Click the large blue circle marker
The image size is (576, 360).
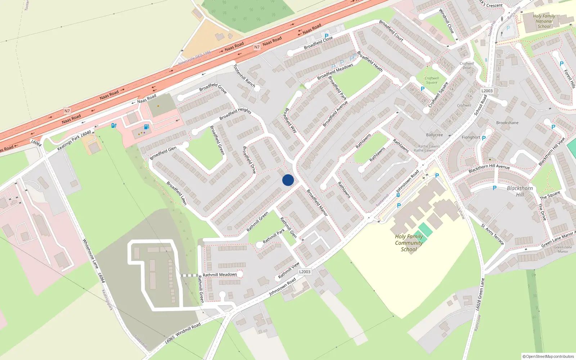[x=288, y=180]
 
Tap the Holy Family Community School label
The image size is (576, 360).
[x=409, y=243]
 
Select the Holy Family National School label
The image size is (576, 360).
[x=544, y=21]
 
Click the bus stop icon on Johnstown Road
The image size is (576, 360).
[x=398, y=195]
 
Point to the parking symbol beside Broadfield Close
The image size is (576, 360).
[x=327, y=36]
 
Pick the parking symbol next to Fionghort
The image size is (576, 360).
[x=484, y=138]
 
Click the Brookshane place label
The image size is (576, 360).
[x=507, y=123]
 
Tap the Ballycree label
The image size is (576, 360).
[x=435, y=135]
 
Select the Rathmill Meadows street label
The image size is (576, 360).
[x=220, y=275]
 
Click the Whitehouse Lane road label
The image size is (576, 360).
[x=90, y=254]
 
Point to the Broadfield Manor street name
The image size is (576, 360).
[x=317, y=203]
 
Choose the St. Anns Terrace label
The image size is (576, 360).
[x=492, y=234]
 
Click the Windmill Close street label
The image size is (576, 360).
[x=446, y=21]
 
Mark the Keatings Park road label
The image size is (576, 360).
[x=68, y=143]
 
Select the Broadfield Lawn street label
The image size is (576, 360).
[x=176, y=193]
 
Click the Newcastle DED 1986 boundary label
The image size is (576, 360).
[x=195, y=58]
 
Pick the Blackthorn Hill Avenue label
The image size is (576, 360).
[x=489, y=168]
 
